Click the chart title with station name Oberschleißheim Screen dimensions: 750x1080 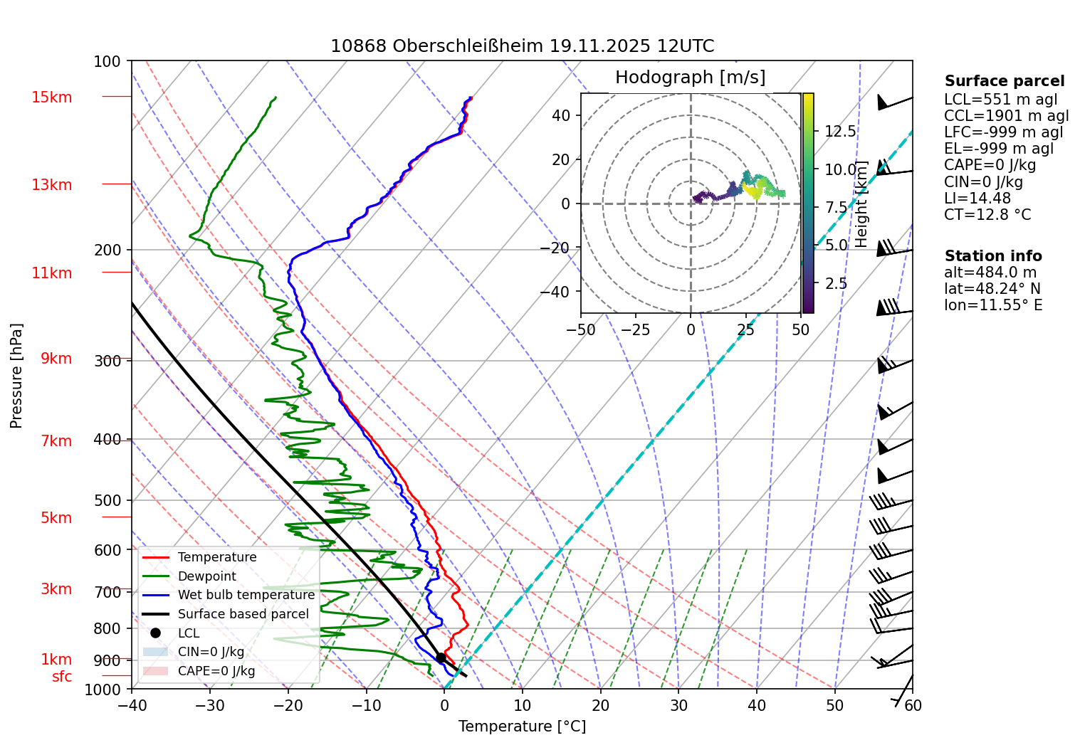click(522, 46)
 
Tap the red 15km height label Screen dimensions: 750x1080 click(51, 97)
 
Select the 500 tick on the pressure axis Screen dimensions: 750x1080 click(108, 500)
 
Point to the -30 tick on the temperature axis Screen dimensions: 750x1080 click(209, 705)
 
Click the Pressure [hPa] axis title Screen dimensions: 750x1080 click(16, 376)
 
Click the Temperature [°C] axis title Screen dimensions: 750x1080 click(522, 727)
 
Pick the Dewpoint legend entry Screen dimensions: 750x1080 click(206, 576)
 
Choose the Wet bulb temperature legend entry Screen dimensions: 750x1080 click(246, 595)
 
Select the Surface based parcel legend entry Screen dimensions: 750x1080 click(243, 614)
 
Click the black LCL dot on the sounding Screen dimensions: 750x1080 click(441, 657)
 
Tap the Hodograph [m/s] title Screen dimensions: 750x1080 click(690, 78)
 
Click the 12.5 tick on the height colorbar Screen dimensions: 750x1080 click(840, 132)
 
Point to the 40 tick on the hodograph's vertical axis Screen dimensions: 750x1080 click(561, 115)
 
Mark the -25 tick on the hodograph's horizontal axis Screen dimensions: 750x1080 click(635, 330)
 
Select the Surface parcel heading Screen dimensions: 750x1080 click(1004, 81)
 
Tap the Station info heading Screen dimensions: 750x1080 click(992, 256)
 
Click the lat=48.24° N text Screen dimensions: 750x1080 click(992, 289)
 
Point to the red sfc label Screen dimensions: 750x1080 click(62, 677)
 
